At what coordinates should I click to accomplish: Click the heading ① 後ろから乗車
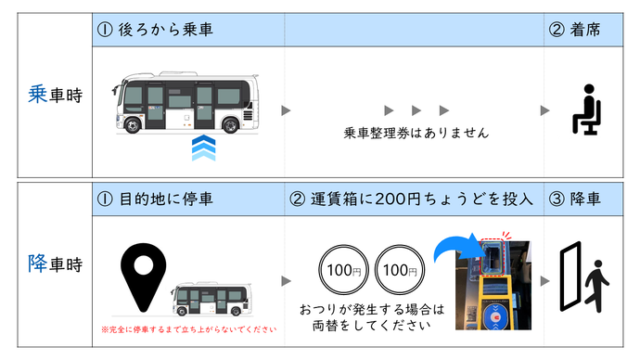point(155,31)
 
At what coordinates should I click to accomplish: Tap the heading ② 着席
point(576,31)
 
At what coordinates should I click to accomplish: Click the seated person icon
point(584,110)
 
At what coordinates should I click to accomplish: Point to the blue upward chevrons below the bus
point(203,148)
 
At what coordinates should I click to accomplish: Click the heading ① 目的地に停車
point(155,199)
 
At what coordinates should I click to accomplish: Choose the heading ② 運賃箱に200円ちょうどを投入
point(409,199)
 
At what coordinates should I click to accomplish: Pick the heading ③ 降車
point(576,199)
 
